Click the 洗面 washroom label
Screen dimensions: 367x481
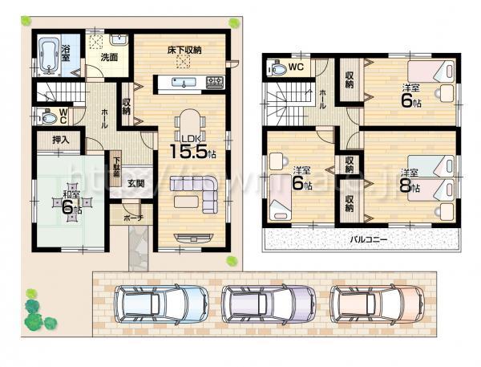click(109, 58)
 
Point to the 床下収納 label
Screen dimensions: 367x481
click(184, 50)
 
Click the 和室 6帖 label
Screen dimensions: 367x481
click(67, 202)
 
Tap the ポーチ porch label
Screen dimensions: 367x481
click(133, 217)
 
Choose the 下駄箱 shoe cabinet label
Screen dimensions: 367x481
click(116, 169)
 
